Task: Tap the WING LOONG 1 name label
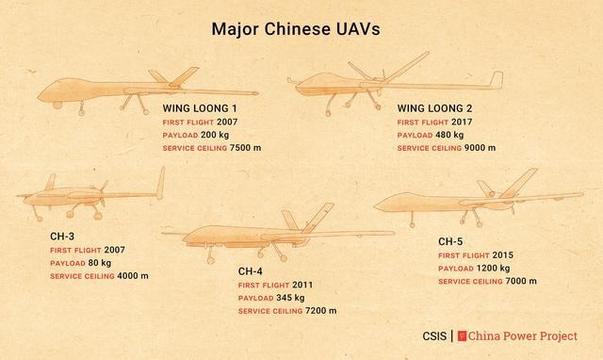(201, 108)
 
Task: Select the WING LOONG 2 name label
(436, 108)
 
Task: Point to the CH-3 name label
(64, 236)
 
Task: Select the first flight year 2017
(463, 122)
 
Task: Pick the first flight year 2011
(302, 285)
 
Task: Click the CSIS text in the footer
(434, 335)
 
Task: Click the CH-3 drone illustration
(90, 195)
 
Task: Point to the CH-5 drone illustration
(476, 200)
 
